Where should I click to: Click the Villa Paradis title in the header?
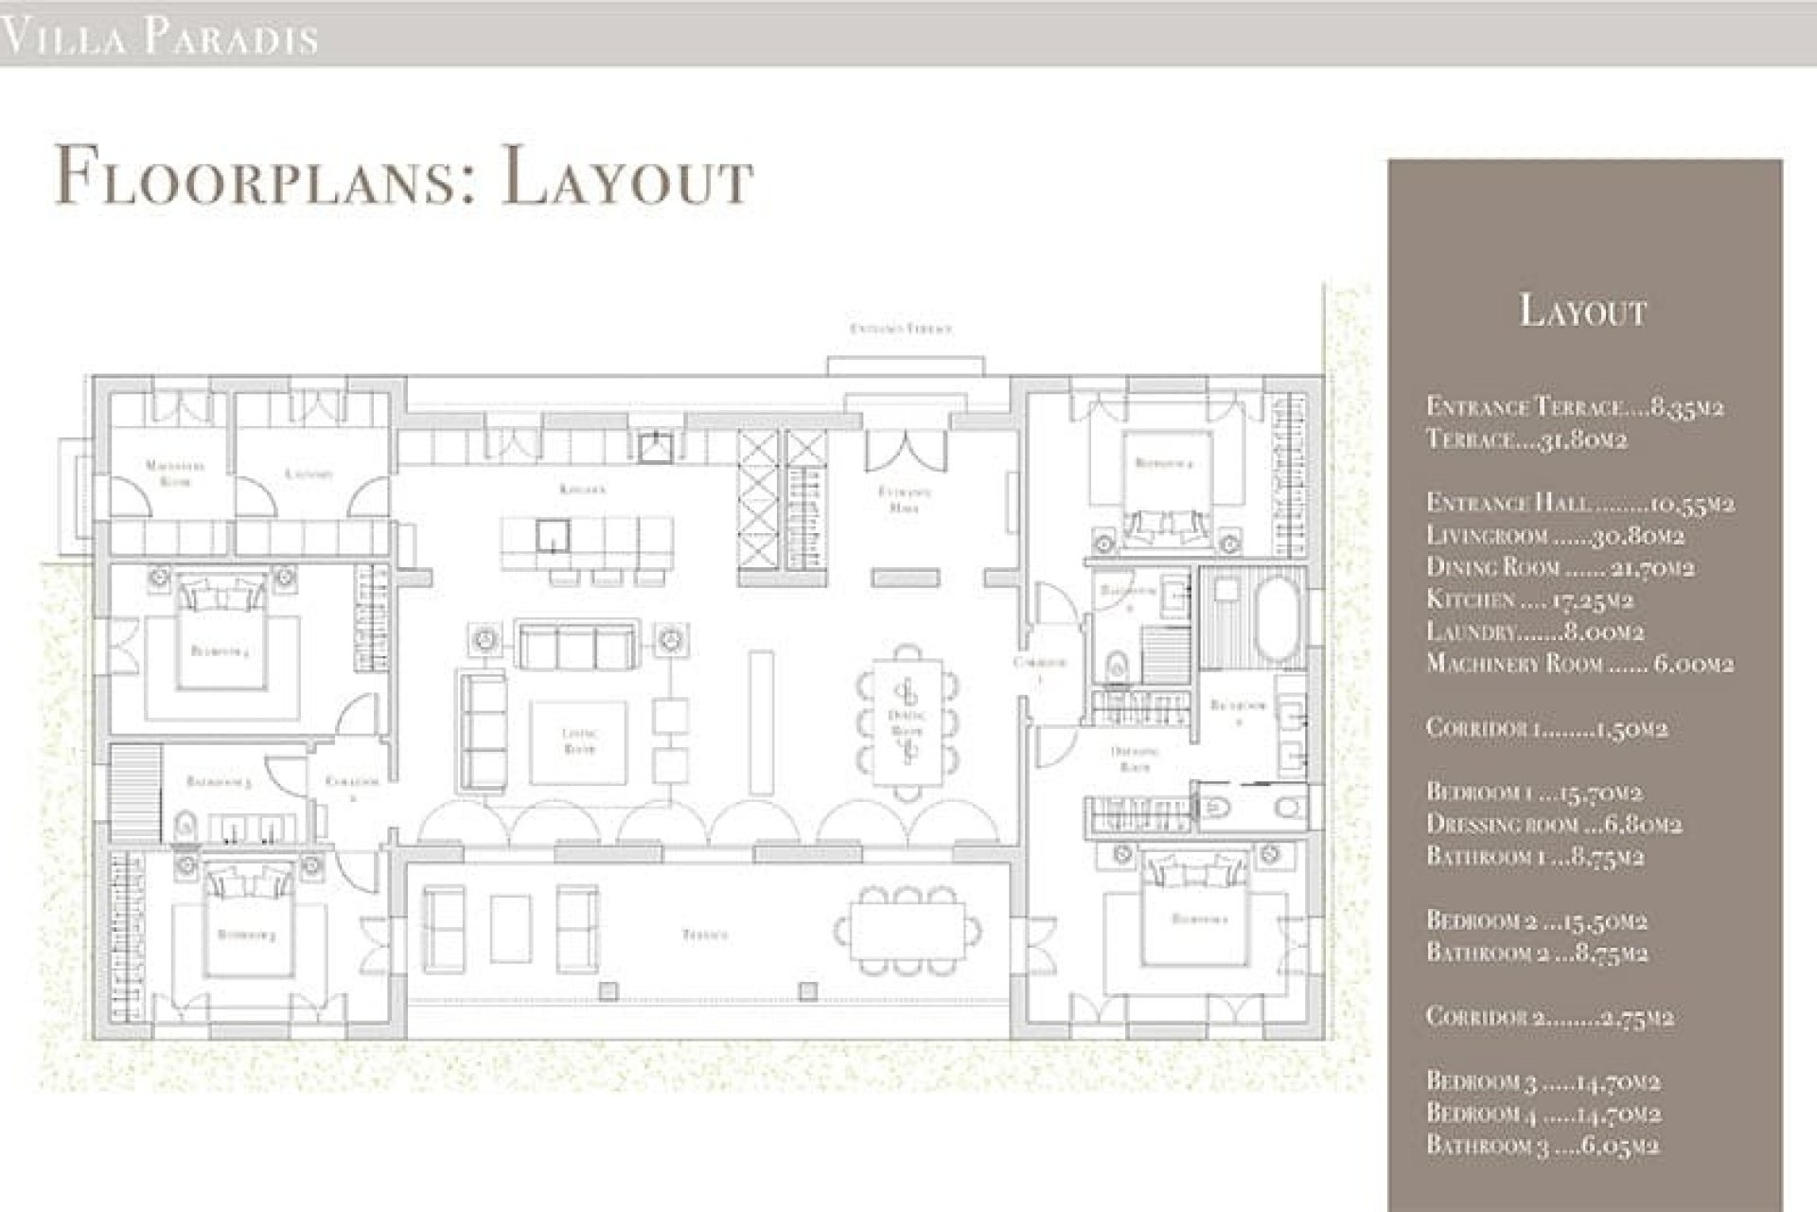pos(159,38)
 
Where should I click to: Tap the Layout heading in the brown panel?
pos(1583,311)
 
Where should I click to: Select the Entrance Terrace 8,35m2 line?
pos(1574,407)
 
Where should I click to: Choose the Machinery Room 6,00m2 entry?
pos(1579,664)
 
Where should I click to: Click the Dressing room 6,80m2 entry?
pos(1553,824)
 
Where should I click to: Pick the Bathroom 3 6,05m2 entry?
pos(1543,1145)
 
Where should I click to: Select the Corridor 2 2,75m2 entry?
pos(1549,1017)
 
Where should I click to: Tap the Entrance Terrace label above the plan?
pos(900,329)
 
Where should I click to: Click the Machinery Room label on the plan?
pos(175,472)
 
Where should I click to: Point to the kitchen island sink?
pos(549,536)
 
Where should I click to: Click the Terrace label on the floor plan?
pos(705,935)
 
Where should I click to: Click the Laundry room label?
pos(309,472)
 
